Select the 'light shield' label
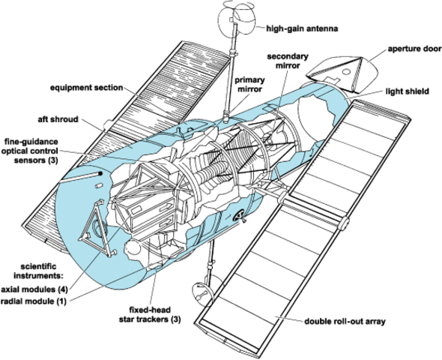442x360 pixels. coord(406,92)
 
